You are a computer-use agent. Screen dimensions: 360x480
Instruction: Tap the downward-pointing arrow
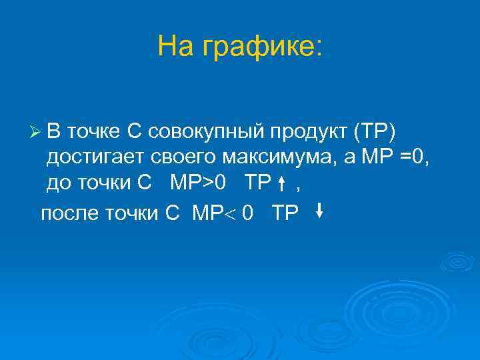pos(319,211)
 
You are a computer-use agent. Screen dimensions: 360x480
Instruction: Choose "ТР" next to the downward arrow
pos(285,213)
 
